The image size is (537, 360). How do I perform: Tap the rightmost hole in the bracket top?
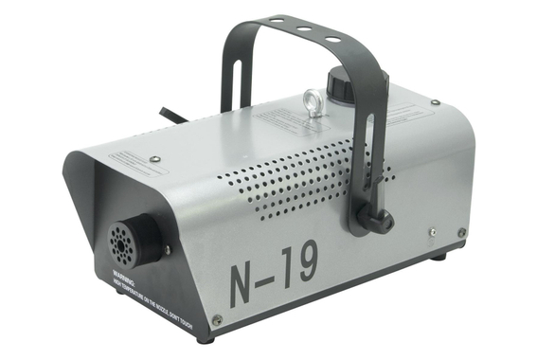tap(332, 39)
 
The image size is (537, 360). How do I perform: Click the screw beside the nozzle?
tap(168, 249)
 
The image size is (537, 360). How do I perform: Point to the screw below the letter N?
tap(217, 320)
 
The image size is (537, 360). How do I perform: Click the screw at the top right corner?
tap(435, 102)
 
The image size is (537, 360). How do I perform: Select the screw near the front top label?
tap(154, 159)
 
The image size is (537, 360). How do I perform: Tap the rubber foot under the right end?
tap(439, 257)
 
